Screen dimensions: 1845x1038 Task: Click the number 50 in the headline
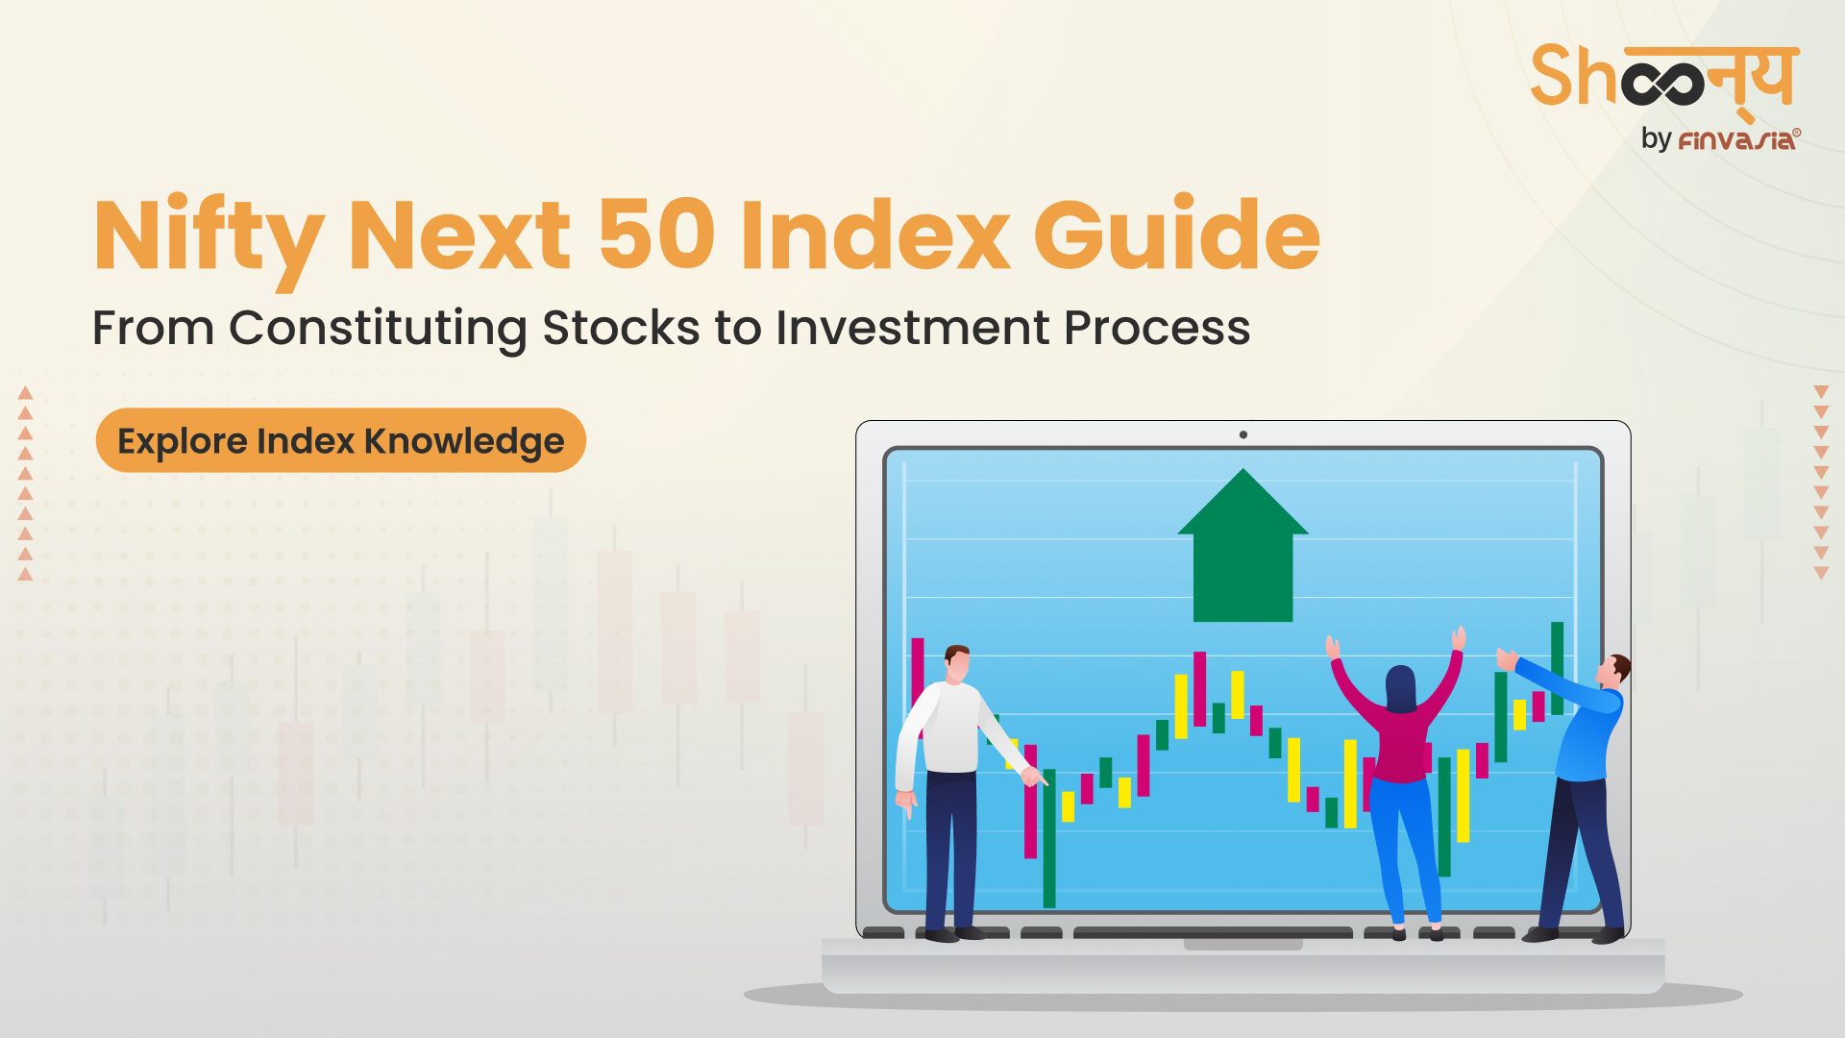pos(656,235)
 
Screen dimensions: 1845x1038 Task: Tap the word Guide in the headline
pos(1177,233)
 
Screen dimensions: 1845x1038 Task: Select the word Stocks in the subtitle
pos(621,328)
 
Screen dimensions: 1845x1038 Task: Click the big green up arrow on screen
pos(1242,545)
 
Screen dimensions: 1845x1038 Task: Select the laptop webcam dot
pos(1243,434)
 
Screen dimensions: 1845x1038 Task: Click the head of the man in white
pos(957,663)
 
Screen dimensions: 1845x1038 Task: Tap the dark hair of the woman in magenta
pos(1401,688)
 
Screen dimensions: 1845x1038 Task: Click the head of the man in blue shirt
pos(1613,670)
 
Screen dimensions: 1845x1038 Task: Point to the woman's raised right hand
pos(1459,638)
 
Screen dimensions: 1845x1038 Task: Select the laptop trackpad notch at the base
pos(1242,945)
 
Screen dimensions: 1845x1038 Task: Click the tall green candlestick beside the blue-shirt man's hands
pos(1557,668)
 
